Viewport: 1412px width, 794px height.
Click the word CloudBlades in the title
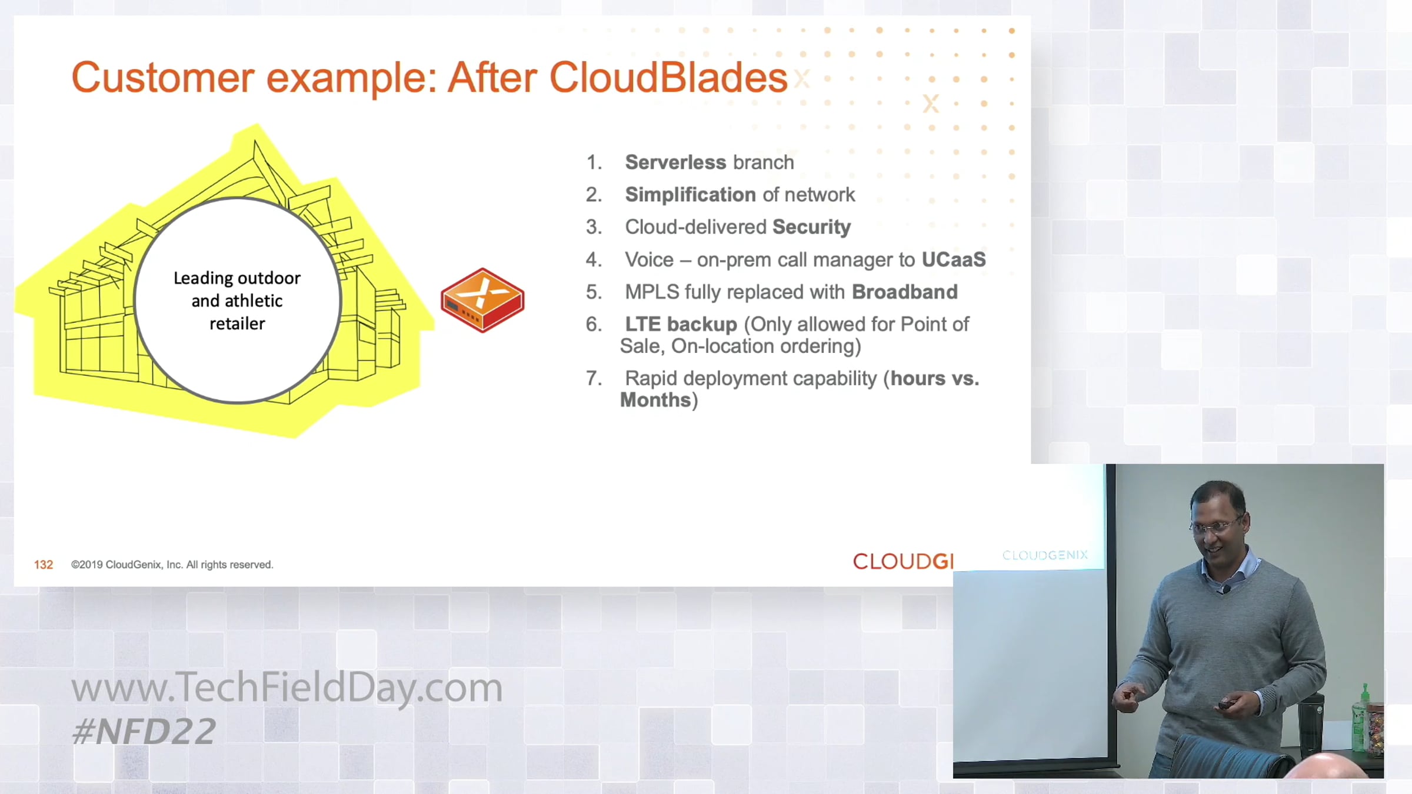(668, 77)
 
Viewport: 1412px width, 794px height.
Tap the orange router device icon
(482, 300)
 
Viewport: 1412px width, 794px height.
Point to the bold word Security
(811, 227)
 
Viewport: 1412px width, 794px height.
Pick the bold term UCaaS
(954, 259)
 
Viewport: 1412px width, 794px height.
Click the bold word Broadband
(905, 292)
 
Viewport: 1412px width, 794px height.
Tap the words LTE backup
(681, 324)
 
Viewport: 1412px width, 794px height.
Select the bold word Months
(655, 400)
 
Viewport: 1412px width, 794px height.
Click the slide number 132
(44, 565)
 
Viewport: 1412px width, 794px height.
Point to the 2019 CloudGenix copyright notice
(172, 565)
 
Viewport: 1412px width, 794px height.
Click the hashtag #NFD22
(144, 732)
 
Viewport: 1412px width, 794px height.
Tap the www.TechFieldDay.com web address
(287, 687)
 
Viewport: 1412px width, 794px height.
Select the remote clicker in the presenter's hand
(1226, 703)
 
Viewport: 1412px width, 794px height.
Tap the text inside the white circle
(237, 301)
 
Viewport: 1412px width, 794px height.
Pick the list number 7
(594, 378)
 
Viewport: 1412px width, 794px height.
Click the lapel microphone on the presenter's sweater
(1224, 589)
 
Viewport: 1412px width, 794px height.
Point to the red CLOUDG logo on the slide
(903, 562)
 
